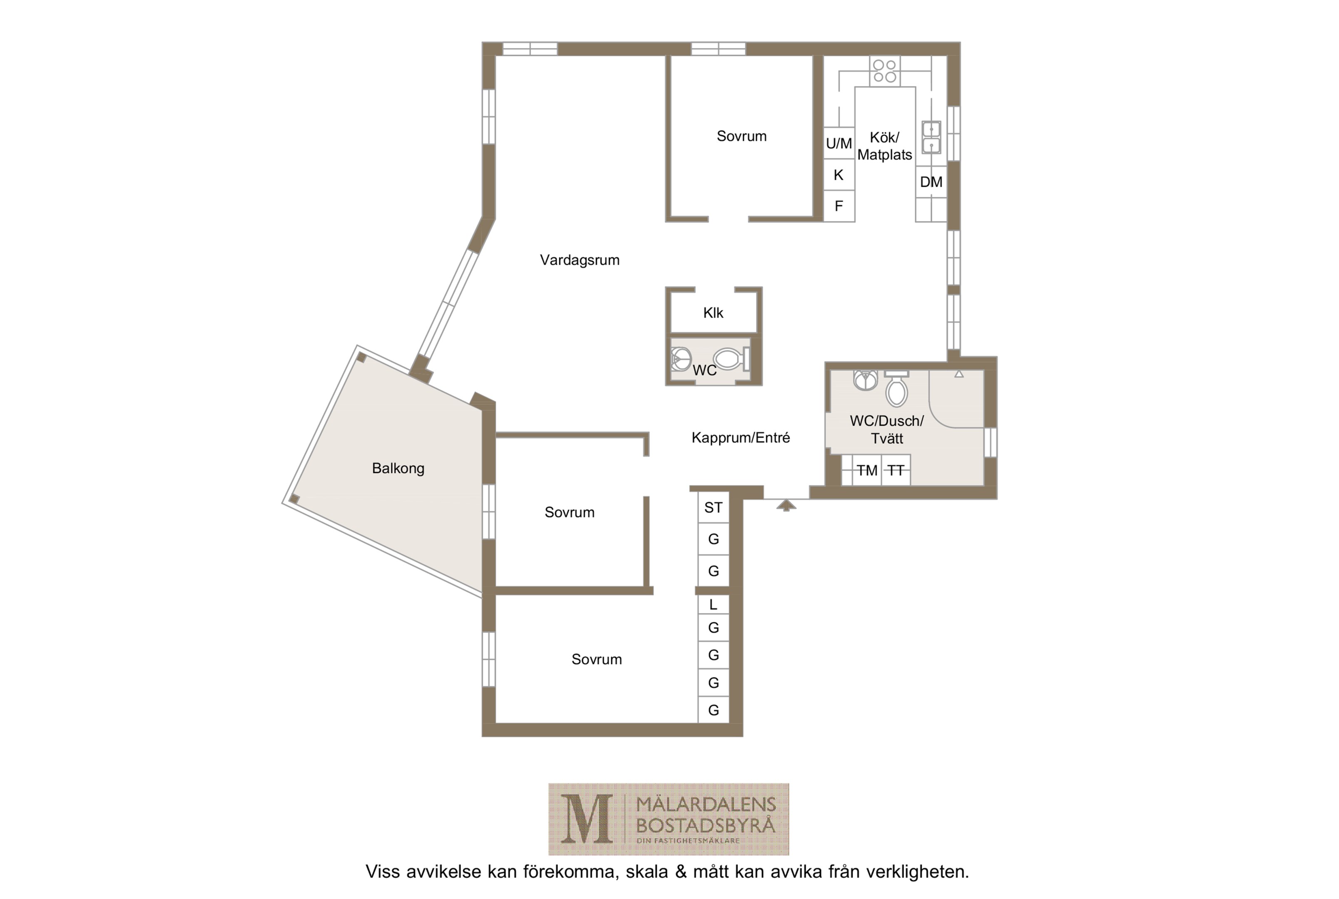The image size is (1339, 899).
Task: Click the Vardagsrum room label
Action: point(579,260)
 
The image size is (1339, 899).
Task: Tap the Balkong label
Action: point(398,468)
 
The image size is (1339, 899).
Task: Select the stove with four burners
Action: point(884,71)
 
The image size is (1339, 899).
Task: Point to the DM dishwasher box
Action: point(931,182)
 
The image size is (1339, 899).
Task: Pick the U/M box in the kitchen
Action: point(839,143)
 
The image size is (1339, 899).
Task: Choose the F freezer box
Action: point(839,206)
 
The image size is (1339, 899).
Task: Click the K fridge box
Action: point(839,175)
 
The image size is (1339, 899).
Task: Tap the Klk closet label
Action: point(713,313)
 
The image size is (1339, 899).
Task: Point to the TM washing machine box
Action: point(866,470)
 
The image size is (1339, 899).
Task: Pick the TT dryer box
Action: point(896,470)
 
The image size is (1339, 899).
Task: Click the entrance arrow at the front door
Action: point(786,505)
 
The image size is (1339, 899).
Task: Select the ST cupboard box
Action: point(713,507)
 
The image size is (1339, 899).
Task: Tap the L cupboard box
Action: point(713,604)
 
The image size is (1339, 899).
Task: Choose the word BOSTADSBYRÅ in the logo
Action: point(705,826)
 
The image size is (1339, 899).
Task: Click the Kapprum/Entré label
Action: point(740,438)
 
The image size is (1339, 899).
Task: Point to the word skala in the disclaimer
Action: point(647,872)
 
